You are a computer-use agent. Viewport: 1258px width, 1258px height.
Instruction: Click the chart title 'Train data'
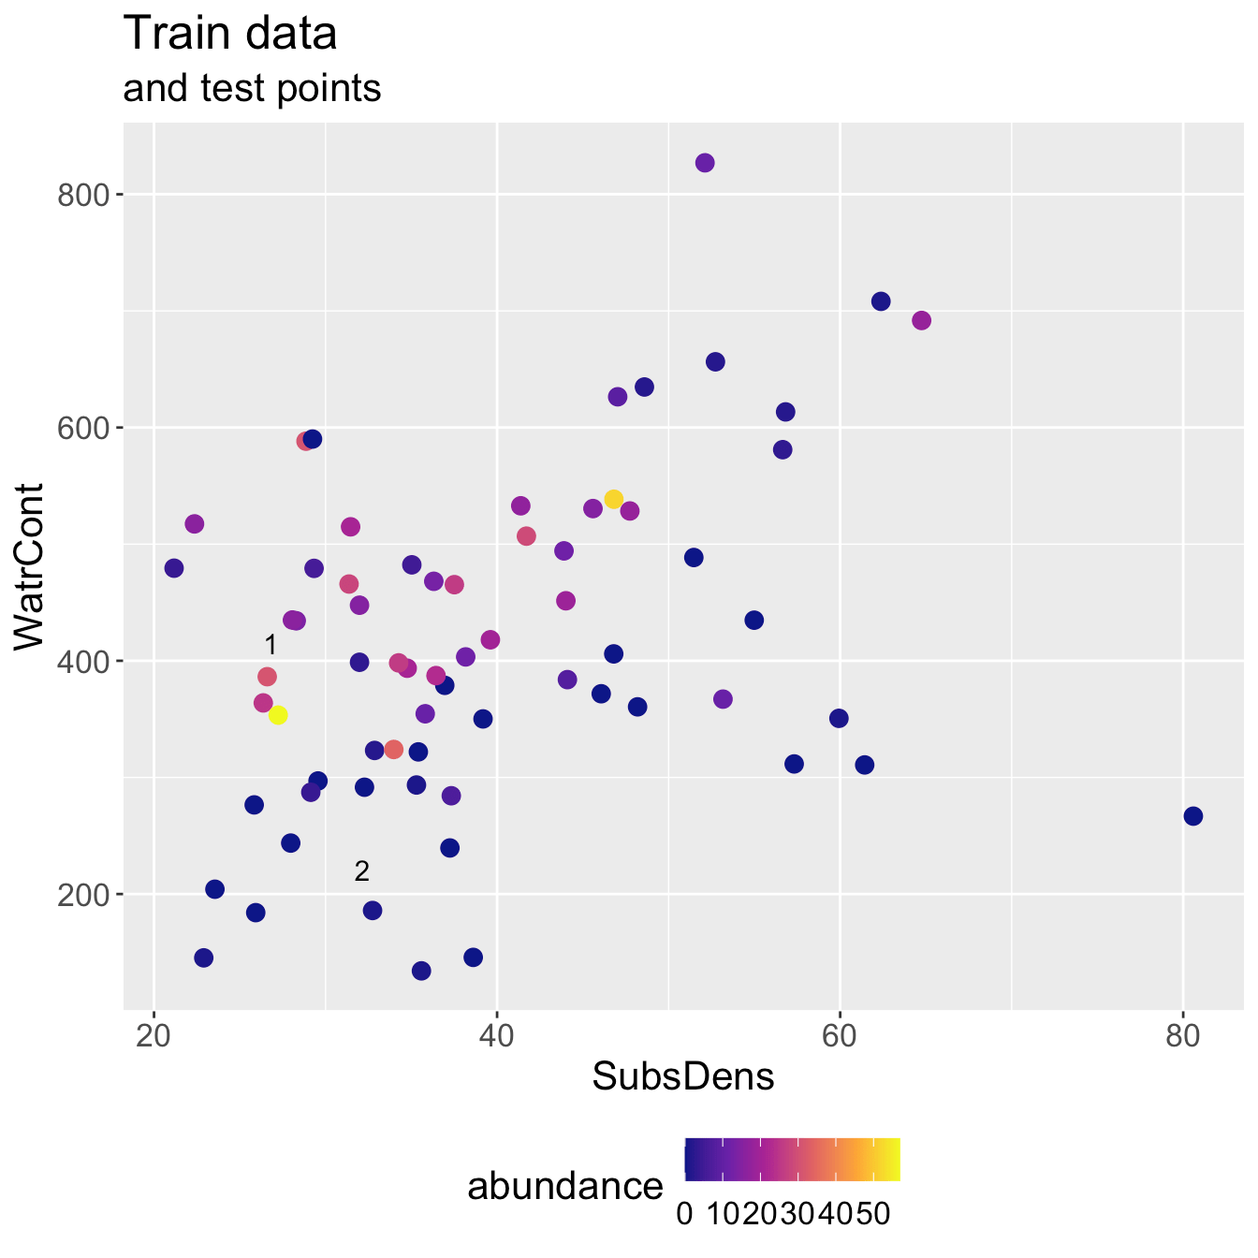click(230, 35)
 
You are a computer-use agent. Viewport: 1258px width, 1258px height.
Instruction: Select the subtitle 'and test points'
click(252, 89)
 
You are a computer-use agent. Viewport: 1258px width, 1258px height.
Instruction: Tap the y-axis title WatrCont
click(31, 566)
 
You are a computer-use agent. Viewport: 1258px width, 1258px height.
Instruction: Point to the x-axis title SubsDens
click(683, 1077)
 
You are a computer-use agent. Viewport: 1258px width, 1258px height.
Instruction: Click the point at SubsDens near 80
click(1193, 816)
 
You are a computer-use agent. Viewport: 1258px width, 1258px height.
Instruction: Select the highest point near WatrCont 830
click(705, 163)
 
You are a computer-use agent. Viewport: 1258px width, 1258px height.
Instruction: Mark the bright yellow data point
click(278, 715)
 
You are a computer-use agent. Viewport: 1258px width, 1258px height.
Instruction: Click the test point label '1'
click(271, 646)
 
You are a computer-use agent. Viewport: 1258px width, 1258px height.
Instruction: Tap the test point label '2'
click(362, 871)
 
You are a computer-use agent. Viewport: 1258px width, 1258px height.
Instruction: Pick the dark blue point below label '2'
click(373, 911)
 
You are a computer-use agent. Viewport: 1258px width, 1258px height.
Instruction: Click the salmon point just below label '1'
click(268, 677)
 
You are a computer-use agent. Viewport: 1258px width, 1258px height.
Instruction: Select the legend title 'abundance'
click(565, 1187)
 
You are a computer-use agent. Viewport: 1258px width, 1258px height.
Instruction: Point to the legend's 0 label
click(684, 1214)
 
